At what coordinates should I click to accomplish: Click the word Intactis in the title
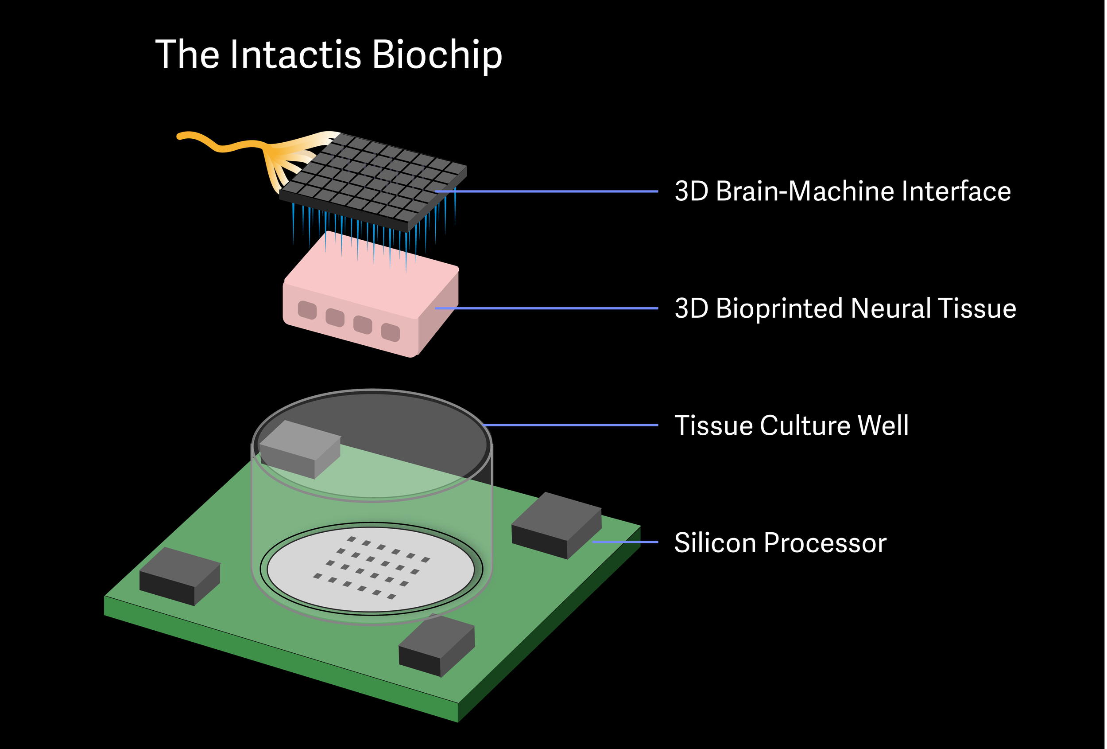tap(295, 55)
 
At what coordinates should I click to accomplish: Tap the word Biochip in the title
tap(436, 55)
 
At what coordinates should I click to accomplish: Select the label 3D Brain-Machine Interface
tap(843, 191)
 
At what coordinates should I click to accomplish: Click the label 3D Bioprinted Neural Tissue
tap(845, 308)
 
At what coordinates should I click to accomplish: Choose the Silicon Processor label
tap(780, 542)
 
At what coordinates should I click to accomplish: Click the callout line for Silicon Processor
tap(625, 542)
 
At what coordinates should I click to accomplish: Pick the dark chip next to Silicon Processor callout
tap(556, 524)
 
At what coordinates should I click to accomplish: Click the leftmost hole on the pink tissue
tap(307, 310)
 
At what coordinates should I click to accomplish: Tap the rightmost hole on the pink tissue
tap(391, 332)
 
